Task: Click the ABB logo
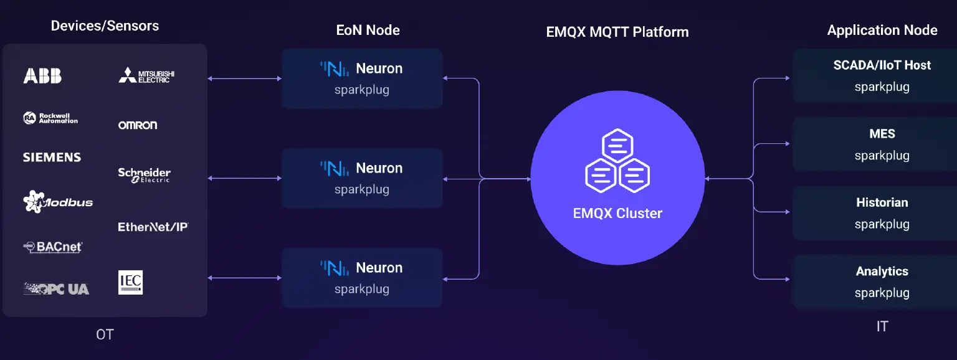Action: coord(42,76)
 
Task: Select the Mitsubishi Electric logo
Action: coord(146,75)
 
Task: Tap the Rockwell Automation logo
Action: coord(50,118)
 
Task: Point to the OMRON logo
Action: coord(138,125)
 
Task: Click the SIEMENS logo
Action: coord(52,158)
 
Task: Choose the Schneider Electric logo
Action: coord(144,175)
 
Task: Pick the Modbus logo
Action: coord(58,202)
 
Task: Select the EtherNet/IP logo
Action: coord(153,227)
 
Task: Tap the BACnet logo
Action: coord(53,247)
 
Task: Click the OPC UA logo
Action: coord(56,289)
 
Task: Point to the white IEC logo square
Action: coord(130,282)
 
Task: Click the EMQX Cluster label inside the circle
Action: coord(617,213)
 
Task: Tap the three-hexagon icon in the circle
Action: coord(617,161)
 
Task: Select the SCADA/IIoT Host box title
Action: coord(882,65)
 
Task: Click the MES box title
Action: coord(882,134)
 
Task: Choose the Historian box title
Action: coord(882,202)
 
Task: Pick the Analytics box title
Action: coord(882,271)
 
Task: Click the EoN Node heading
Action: coord(368,30)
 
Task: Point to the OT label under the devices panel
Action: coord(105,334)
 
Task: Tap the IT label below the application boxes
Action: coord(882,326)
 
